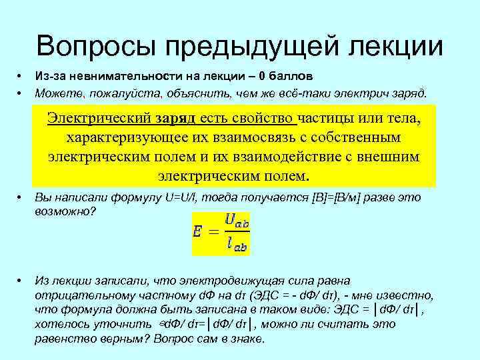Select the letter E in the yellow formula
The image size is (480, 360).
(198, 232)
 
